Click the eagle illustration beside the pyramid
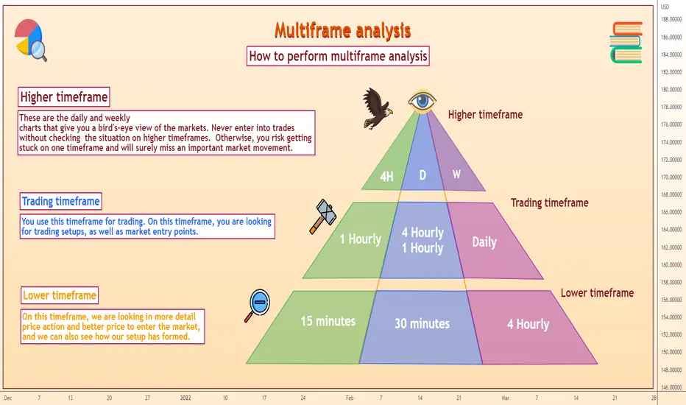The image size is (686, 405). pyautogui.click(x=377, y=108)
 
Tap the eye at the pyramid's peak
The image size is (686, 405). pyautogui.click(x=422, y=102)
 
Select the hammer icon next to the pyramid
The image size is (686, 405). pyautogui.click(x=323, y=216)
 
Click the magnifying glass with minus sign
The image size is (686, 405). pyautogui.click(x=258, y=305)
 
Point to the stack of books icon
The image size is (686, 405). pyautogui.click(x=626, y=43)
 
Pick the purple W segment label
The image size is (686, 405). pyautogui.click(x=456, y=175)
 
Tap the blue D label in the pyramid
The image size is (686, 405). pyautogui.click(x=422, y=175)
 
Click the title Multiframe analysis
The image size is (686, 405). pyautogui.click(x=342, y=31)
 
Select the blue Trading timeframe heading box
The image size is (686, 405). pyautogui.click(x=61, y=202)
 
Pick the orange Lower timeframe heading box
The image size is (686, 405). pyautogui.click(x=60, y=295)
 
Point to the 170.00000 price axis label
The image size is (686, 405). pyautogui.click(x=671, y=177)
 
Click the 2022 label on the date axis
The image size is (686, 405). pyautogui.click(x=185, y=398)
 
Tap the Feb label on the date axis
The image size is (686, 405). pyautogui.click(x=350, y=398)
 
